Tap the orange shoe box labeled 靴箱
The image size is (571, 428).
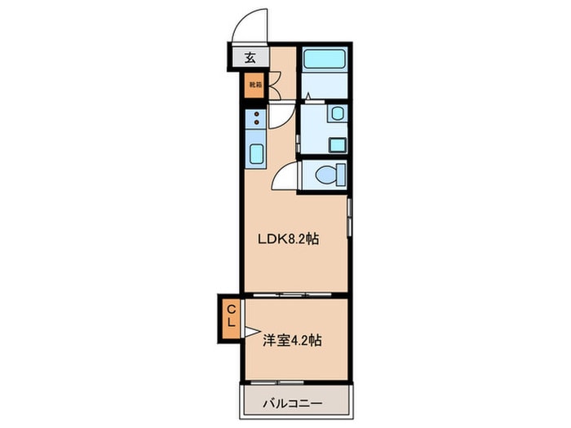coord(255,84)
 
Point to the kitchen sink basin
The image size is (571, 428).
coord(255,153)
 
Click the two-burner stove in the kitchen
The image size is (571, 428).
coord(255,119)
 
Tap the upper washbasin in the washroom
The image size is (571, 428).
coord(337,115)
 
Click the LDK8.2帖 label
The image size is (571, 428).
coord(289,240)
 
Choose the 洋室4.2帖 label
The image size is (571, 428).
coord(292,340)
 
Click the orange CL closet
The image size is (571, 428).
coord(231,316)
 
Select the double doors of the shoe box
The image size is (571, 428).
coord(275,84)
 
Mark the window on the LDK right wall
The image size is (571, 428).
coord(350,218)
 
